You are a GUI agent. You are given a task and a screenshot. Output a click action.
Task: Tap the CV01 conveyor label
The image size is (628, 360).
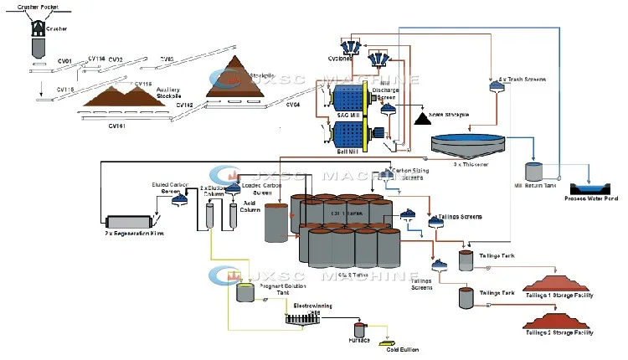(64, 60)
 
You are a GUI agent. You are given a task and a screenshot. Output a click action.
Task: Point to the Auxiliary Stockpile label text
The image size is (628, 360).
(145, 94)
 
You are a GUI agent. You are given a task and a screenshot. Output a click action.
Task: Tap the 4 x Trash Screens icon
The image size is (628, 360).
(495, 86)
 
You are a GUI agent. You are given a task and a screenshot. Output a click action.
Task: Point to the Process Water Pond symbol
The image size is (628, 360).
(591, 188)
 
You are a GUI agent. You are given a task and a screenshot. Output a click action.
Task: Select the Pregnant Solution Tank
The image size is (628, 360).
(245, 292)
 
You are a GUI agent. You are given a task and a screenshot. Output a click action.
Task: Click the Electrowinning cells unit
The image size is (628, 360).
(300, 316)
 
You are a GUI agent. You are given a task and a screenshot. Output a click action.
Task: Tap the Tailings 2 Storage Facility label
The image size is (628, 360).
(559, 333)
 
